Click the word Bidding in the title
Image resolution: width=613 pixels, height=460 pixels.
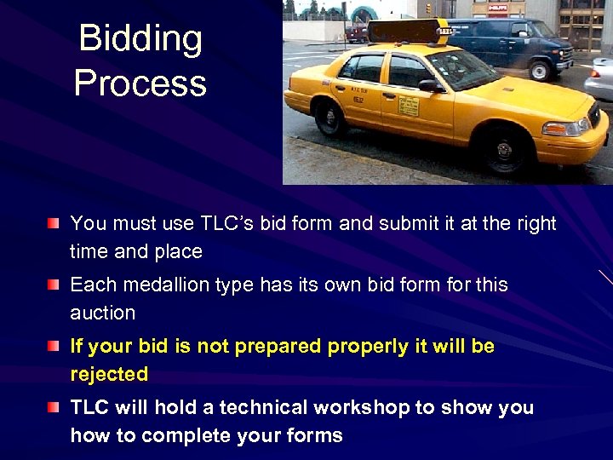(x=140, y=39)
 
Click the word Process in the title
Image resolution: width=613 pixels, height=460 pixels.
(x=140, y=83)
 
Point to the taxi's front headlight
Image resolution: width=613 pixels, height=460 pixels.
(x=565, y=128)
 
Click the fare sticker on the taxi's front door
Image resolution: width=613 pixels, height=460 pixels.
(x=409, y=105)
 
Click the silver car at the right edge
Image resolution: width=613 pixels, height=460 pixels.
(x=601, y=81)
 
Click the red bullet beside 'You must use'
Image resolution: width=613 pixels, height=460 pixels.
(x=54, y=224)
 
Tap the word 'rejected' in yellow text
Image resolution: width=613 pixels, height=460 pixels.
(x=109, y=374)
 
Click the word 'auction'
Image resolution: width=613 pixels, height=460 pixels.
(x=102, y=313)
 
